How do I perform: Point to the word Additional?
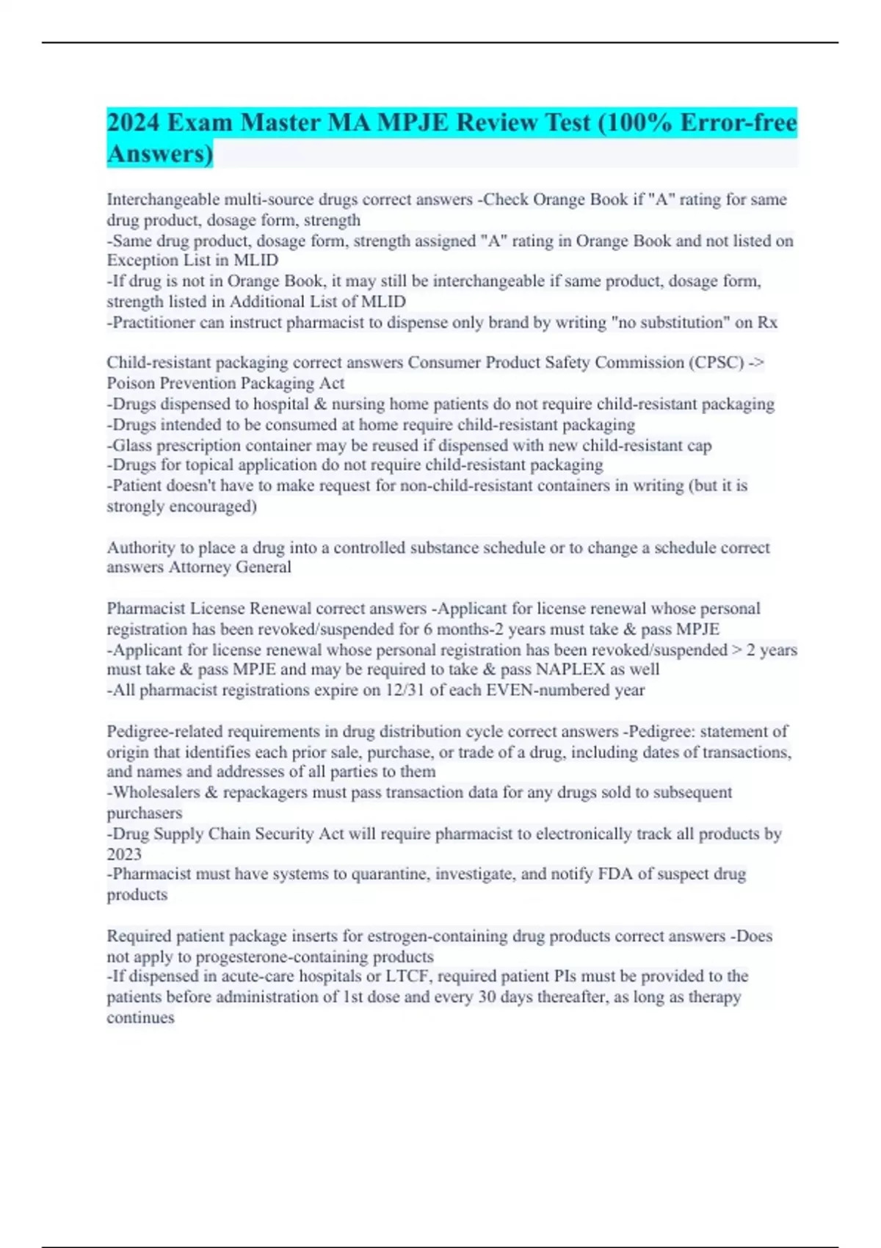[265, 302]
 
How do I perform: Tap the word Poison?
[130, 383]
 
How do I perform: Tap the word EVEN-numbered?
[538, 690]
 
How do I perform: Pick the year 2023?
[124, 855]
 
